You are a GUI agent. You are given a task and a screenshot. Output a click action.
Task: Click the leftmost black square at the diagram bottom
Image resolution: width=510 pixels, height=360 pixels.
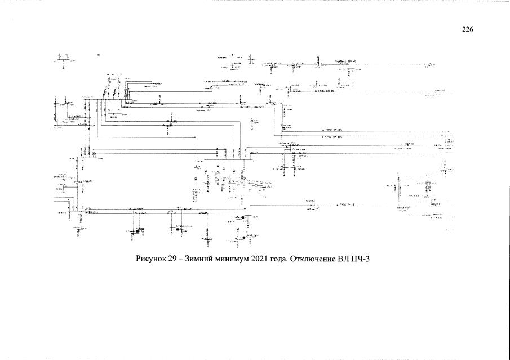(136, 231)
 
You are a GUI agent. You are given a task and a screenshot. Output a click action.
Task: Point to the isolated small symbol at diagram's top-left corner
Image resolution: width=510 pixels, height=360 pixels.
(98, 54)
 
